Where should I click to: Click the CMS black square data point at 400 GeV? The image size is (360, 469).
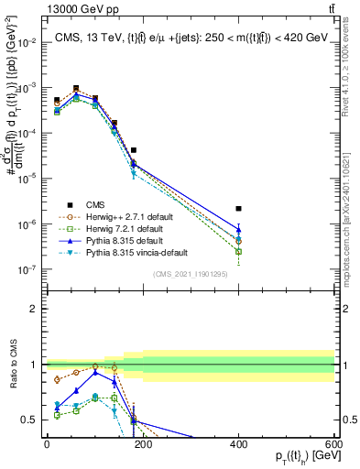coord(238,209)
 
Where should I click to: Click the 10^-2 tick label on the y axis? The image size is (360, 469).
coord(27,42)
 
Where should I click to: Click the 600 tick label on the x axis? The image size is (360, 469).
coord(334,442)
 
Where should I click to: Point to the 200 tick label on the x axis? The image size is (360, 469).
coord(142,442)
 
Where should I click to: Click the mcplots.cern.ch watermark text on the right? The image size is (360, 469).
coord(348,211)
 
